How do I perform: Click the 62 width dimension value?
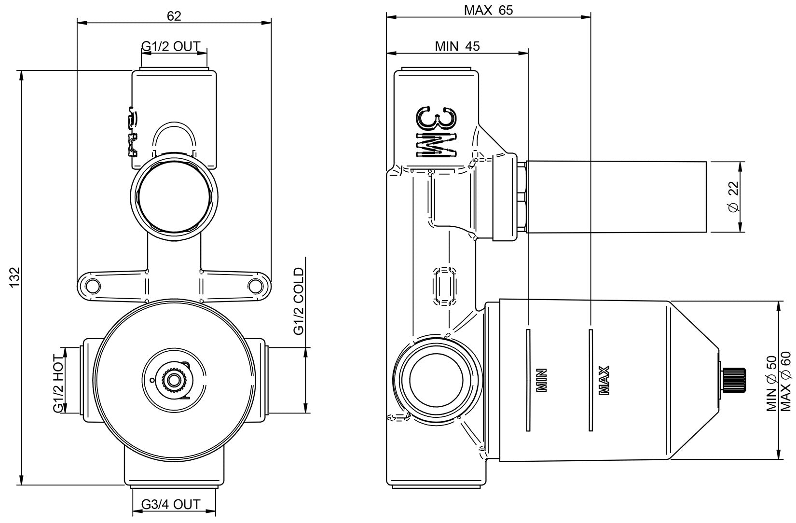point(174,16)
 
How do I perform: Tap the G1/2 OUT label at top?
point(171,46)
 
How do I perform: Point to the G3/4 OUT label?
point(171,505)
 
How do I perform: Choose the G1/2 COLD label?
point(299,302)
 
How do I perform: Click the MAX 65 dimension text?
point(488,10)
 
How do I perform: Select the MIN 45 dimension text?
point(457,46)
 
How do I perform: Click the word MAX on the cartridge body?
point(604,381)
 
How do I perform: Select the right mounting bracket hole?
point(254,286)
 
